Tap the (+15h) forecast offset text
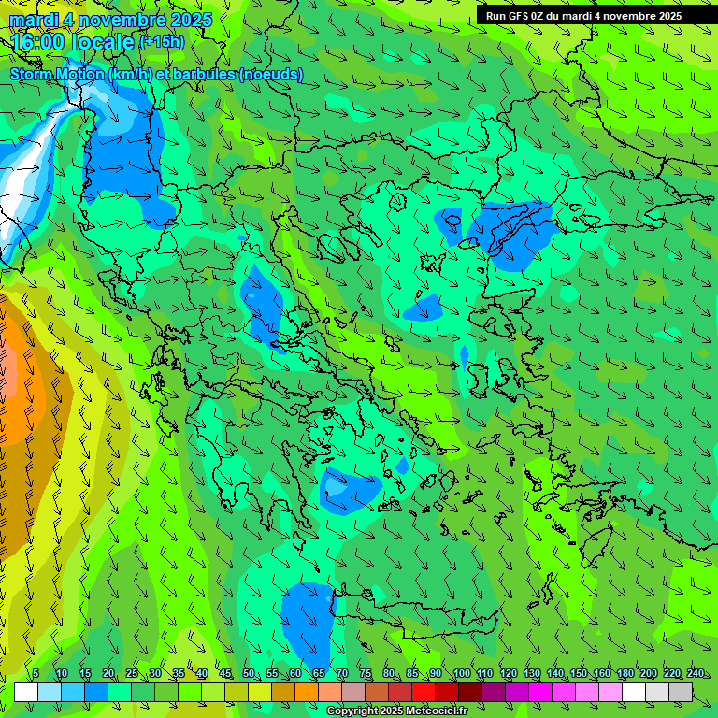click(x=162, y=41)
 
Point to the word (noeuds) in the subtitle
click(x=270, y=74)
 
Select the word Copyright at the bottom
click(x=352, y=711)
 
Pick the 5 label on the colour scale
click(x=36, y=673)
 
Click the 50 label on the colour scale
click(x=248, y=673)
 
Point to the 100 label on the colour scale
click(x=461, y=673)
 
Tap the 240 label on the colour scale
click(x=695, y=673)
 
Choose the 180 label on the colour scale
click(x=625, y=673)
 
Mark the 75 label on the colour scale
click(x=365, y=673)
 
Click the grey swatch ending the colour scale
click(x=681, y=692)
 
